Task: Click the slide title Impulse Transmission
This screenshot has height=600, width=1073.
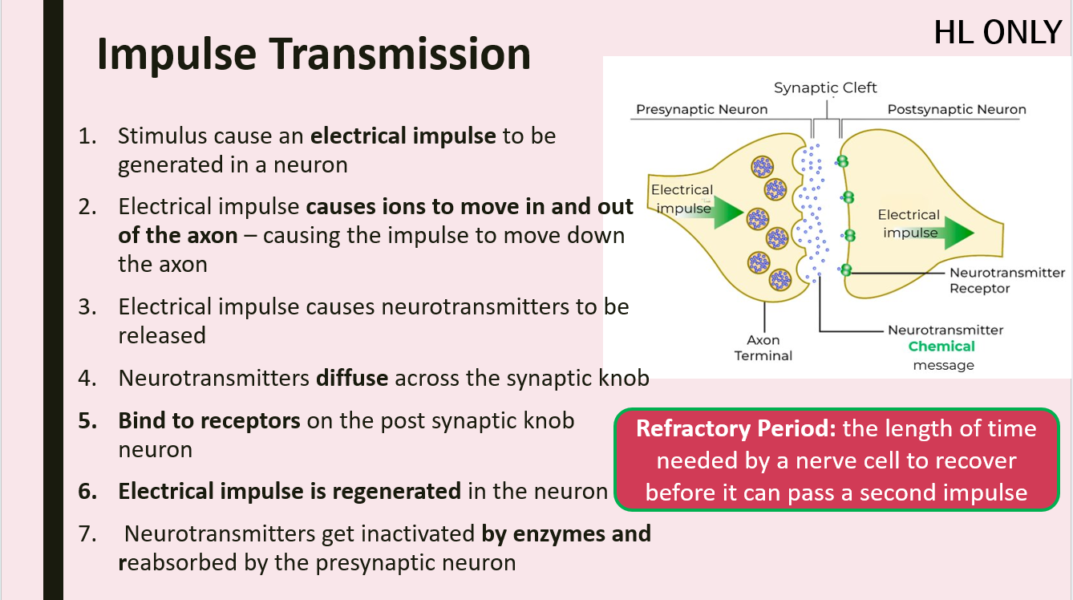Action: [314, 55]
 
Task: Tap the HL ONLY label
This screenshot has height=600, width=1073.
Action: [998, 33]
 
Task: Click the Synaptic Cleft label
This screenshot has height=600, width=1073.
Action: [825, 88]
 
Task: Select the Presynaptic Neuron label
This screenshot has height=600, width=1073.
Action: [702, 110]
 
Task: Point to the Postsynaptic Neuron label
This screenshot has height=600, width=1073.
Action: [956, 110]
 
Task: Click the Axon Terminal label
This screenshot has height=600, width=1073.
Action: [763, 348]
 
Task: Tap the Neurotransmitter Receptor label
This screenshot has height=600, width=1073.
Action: [1007, 281]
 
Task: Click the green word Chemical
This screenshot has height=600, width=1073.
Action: [941, 347]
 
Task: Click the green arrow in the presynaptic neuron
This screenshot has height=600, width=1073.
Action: [725, 210]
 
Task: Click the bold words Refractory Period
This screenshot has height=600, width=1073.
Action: [735, 428]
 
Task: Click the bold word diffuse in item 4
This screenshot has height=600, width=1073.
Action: [352, 377]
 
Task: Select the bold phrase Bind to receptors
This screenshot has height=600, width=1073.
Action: [209, 421]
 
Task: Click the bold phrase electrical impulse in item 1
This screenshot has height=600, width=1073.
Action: [403, 136]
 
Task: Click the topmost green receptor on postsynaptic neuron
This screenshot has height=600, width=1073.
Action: [842, 161]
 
